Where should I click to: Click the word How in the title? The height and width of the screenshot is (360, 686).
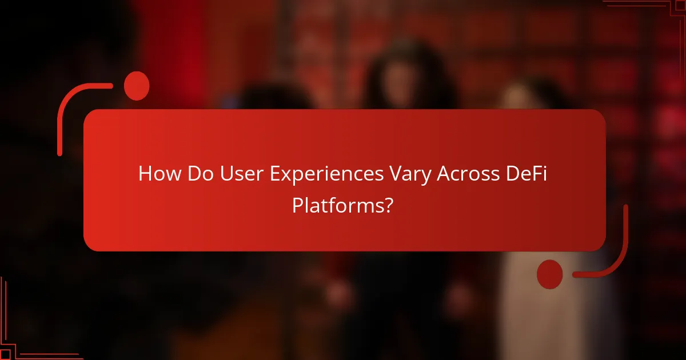tap(157, 174)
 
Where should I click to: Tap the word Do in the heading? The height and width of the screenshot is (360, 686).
tap(197, 174)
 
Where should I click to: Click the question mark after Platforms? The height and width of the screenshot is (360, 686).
tap(387, 205)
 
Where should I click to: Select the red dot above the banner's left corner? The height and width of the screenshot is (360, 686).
tap(137, 86)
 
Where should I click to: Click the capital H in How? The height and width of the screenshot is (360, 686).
tap(145, 174)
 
